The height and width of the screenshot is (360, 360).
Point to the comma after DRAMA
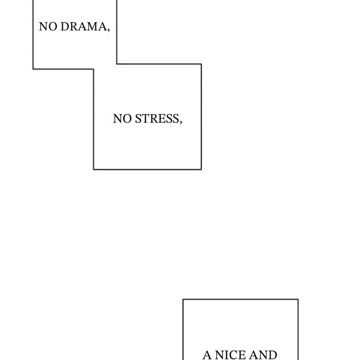click(x=108, y=30)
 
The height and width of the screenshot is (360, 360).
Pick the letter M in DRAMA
click(x=93, y=27)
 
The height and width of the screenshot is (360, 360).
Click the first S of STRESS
click(x=137, y=119)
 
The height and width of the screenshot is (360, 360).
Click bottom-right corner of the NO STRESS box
click(x=201, y=169)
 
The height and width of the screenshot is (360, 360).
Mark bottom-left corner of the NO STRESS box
click(x=94, y=169)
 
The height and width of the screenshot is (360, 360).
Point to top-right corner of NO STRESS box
click(x=201, y=64)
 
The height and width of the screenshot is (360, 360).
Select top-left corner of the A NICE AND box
click(x=183, y=300)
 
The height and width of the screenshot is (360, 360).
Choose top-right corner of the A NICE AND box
click(x=298, y=300)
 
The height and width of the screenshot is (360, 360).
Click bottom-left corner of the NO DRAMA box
click(x=33, y=69)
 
